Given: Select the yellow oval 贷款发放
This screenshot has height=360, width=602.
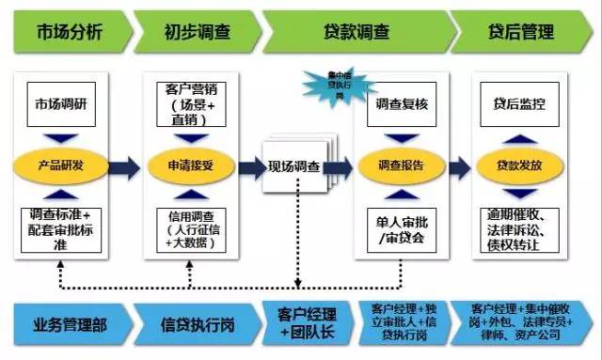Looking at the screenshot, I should pos(520,166).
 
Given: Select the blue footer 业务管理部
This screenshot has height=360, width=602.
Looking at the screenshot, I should pos(68,325).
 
